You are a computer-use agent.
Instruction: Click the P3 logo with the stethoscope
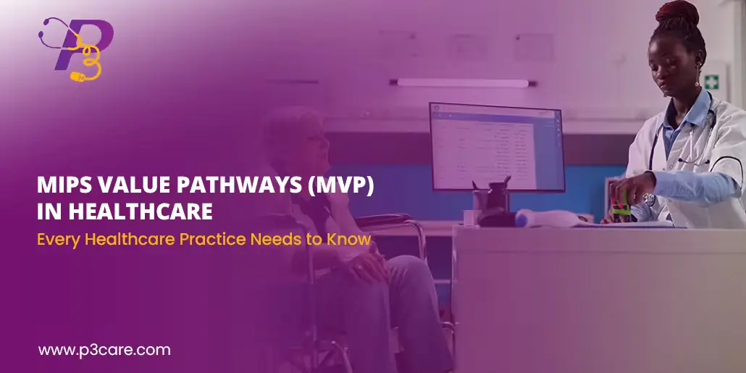pyautogui.click(x=76, y=49)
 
